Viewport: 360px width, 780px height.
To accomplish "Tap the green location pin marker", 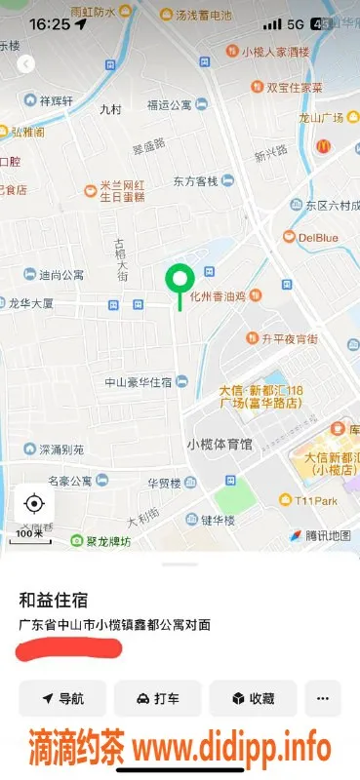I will point(179,281).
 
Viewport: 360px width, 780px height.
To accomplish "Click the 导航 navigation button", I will point(61,699).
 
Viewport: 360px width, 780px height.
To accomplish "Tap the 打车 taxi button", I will point(157,699).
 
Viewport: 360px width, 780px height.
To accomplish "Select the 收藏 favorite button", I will point(253,699).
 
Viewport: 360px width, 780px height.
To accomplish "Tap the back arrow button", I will point(26,63).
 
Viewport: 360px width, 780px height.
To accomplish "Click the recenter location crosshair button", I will point(34,503).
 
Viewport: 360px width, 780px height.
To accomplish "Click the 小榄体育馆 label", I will point(219,445).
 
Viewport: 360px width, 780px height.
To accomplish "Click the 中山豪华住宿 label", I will point(139,381).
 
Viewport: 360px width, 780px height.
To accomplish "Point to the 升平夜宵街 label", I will point(289,339).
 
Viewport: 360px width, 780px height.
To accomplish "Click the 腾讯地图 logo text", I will point(326,536).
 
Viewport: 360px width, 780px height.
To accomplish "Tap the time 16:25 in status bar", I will point(49,23).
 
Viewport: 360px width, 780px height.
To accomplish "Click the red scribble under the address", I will point(68,647).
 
